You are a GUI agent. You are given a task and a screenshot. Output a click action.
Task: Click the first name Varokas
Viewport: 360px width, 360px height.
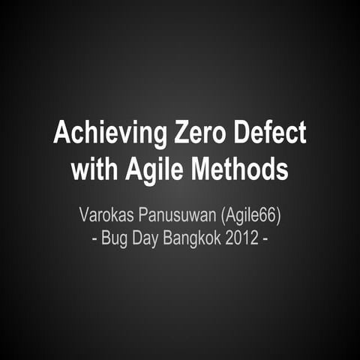coord(106,218)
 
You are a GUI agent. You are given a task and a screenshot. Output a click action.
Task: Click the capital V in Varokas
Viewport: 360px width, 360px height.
coord(84,218)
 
